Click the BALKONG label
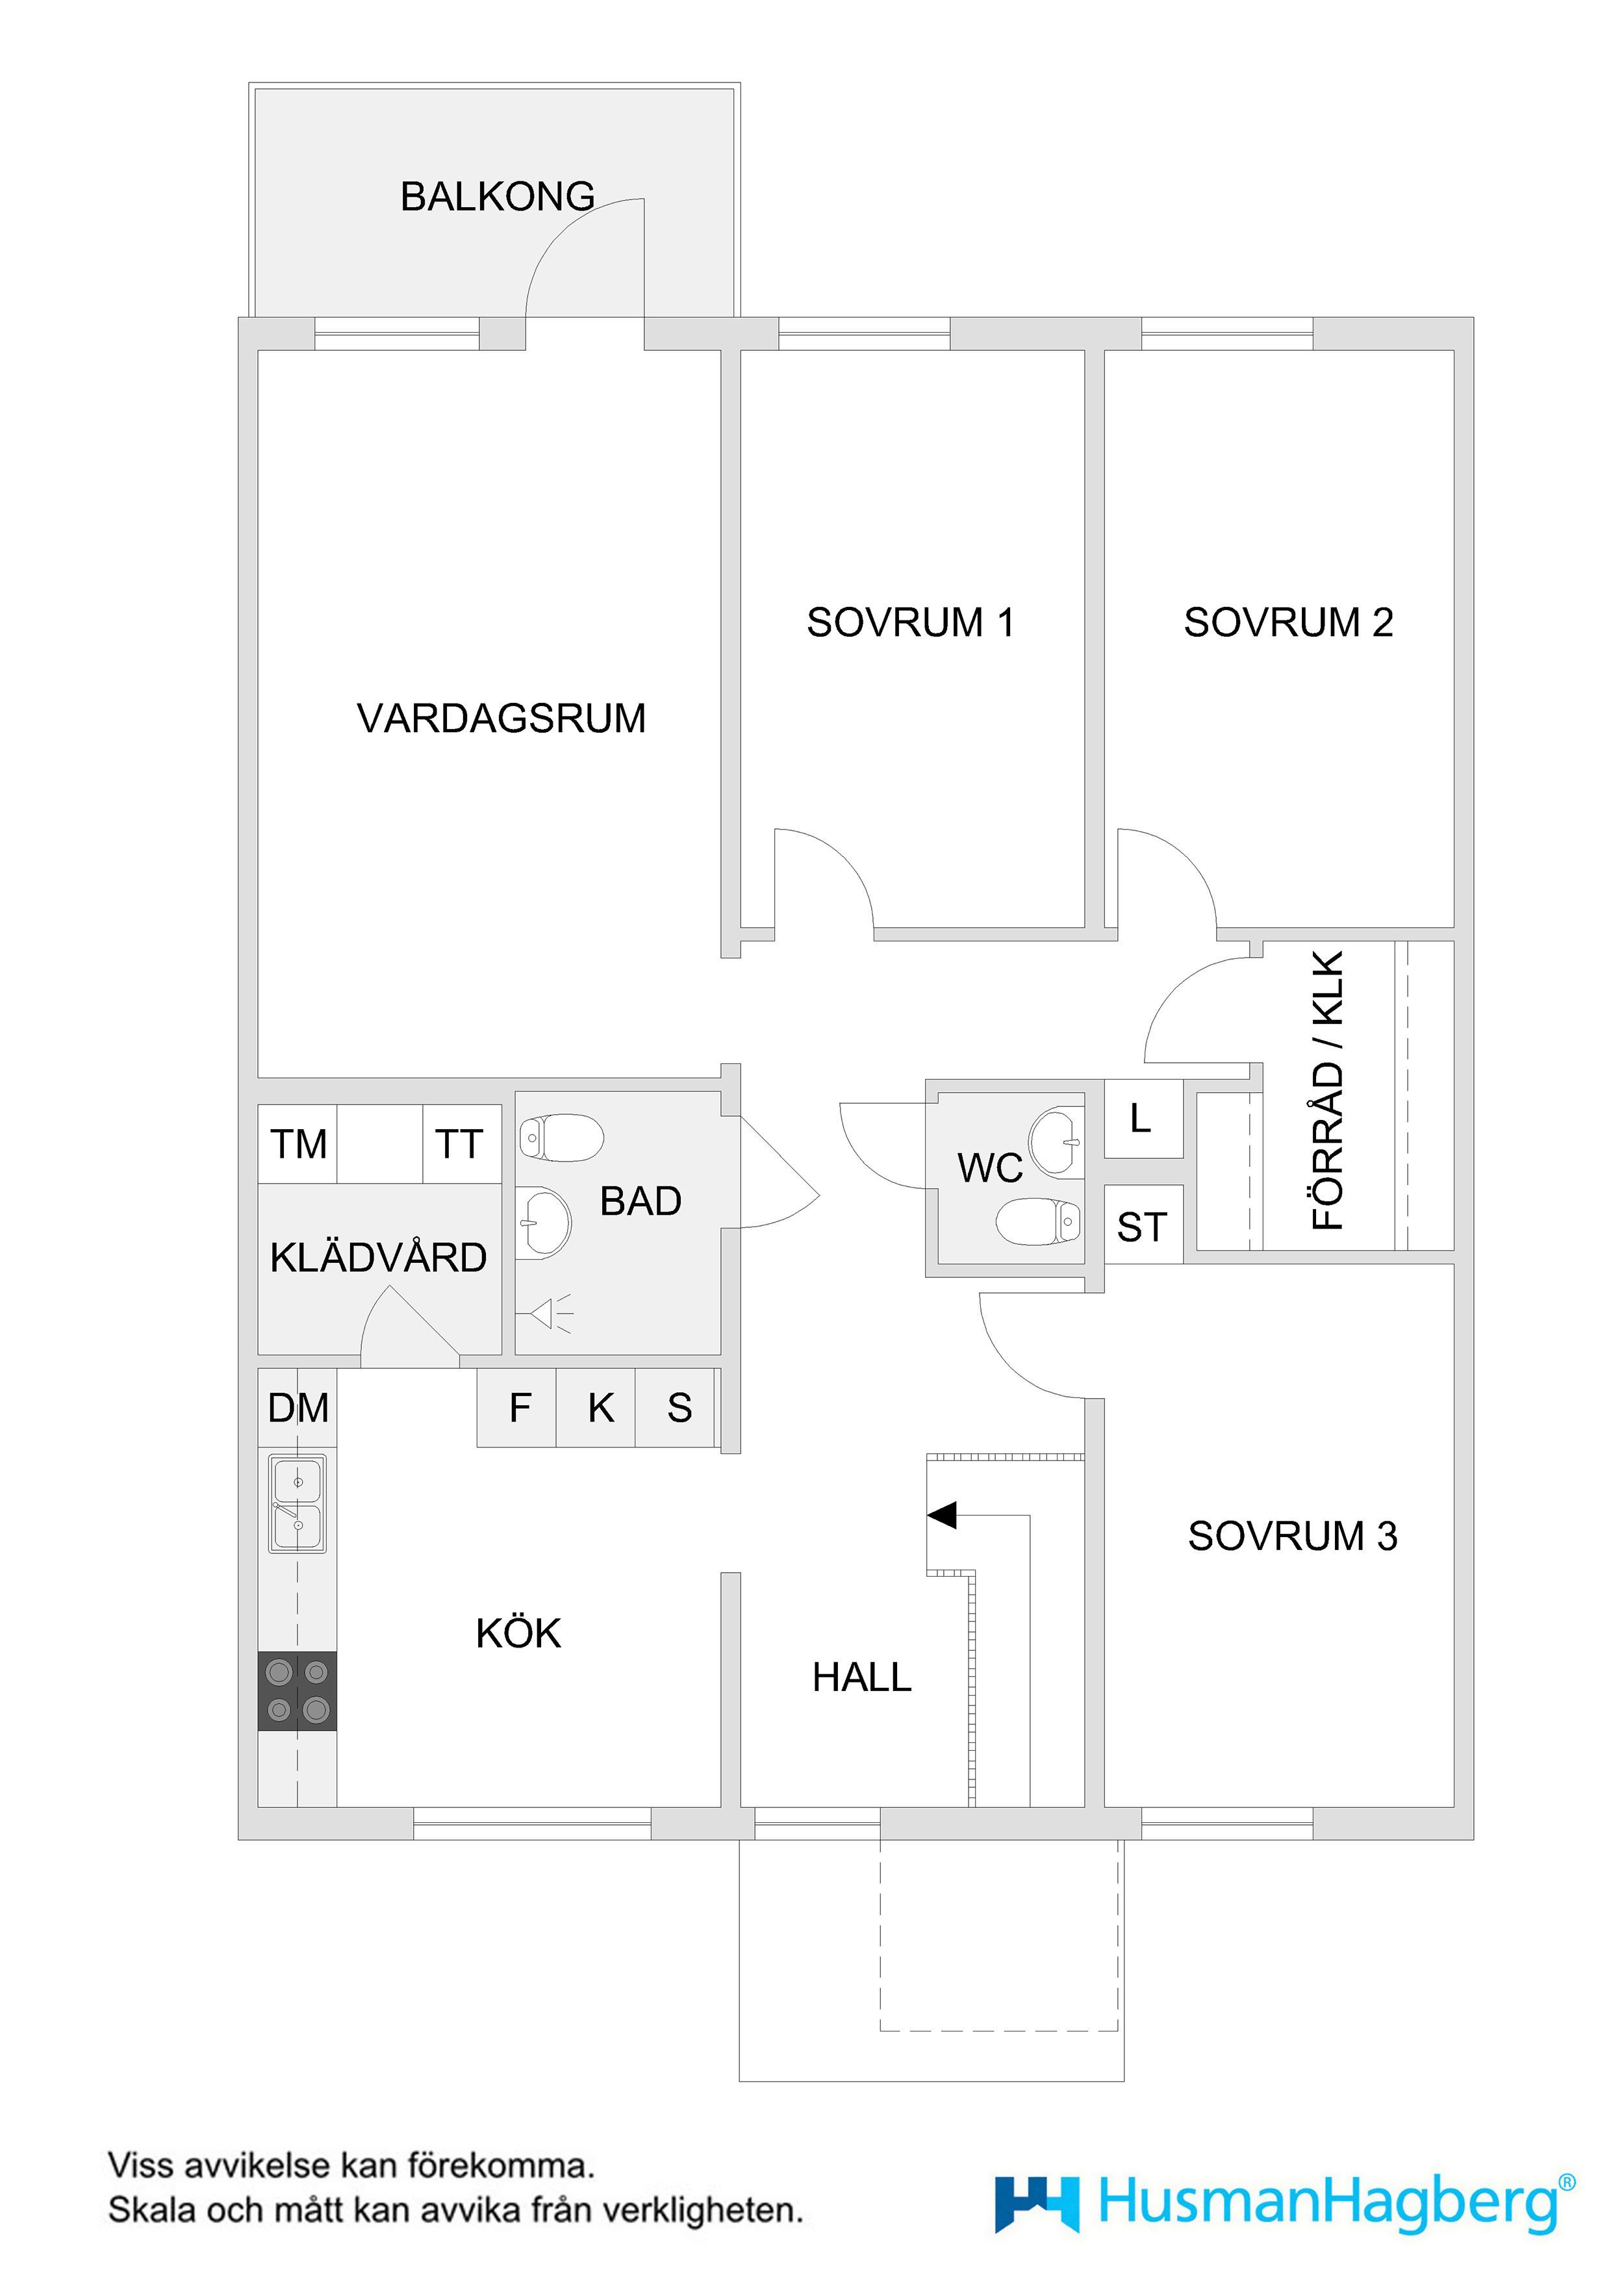click(x=498, y=197)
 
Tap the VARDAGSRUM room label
click(x=501, y=719)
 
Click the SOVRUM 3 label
click(x=1293, y=1536)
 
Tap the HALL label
click(x=861, y=1677)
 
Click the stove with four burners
click(x=297, y=1690)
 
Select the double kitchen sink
click(x=297, y=1504)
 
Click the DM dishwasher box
click(x=298, y=1408)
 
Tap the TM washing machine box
click(x=298, y=1143)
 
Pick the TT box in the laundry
click(x=462, y=1143)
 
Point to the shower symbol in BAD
click(x=552, y=1313)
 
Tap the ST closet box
click(x=1143, y=1225)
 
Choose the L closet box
click(x=1143, y=1119)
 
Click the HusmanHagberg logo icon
click(x=1036, y=2204)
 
